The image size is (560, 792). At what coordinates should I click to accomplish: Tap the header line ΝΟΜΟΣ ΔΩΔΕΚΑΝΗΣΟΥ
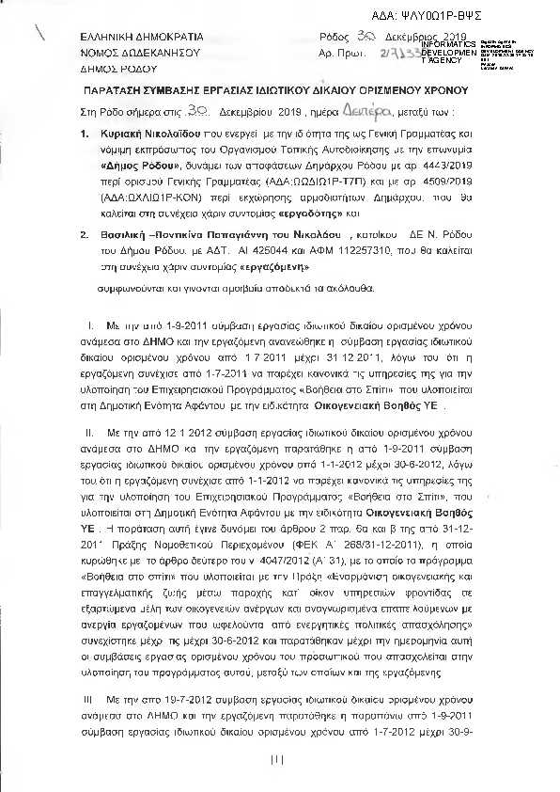tap(141, 52)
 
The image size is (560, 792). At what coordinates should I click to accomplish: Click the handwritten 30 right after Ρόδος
tap(370, 34)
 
